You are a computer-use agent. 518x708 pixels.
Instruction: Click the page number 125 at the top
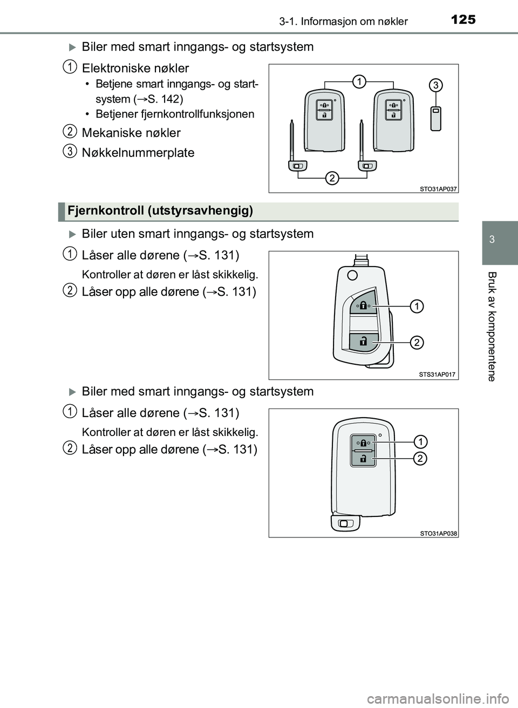(463, 19)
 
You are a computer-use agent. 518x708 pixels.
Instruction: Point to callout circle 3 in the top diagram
(436, 85)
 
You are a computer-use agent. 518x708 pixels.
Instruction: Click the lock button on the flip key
(363, 306)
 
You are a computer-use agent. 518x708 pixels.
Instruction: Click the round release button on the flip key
(352, 276)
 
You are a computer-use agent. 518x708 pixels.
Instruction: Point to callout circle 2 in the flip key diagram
(417, 342)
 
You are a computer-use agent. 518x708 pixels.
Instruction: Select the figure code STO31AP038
(438, 533)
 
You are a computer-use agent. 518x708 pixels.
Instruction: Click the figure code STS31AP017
(438, 375)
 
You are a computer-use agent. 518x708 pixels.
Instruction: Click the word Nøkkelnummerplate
(138, 153)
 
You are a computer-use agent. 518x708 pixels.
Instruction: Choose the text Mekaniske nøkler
(131, 133)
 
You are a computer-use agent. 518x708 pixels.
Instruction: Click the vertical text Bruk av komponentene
(492, 326)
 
